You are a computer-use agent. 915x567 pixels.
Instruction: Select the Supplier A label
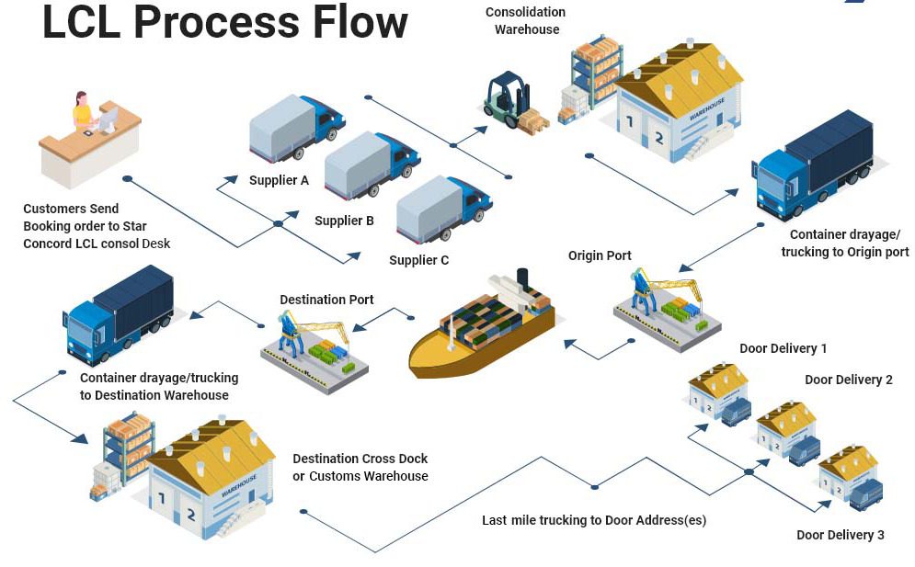279,180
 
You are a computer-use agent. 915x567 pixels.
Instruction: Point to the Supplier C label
418,260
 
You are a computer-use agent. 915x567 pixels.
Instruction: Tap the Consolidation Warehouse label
526,20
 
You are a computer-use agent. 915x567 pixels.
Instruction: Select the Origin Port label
600,255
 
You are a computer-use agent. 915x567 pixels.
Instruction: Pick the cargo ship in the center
483,326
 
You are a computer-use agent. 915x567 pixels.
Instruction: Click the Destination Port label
326,300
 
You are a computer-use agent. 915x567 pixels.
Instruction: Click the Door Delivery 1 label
783,348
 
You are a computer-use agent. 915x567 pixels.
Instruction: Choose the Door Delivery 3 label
840,535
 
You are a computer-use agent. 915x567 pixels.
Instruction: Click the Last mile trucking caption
593,520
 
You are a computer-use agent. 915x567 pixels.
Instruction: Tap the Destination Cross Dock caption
360,467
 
